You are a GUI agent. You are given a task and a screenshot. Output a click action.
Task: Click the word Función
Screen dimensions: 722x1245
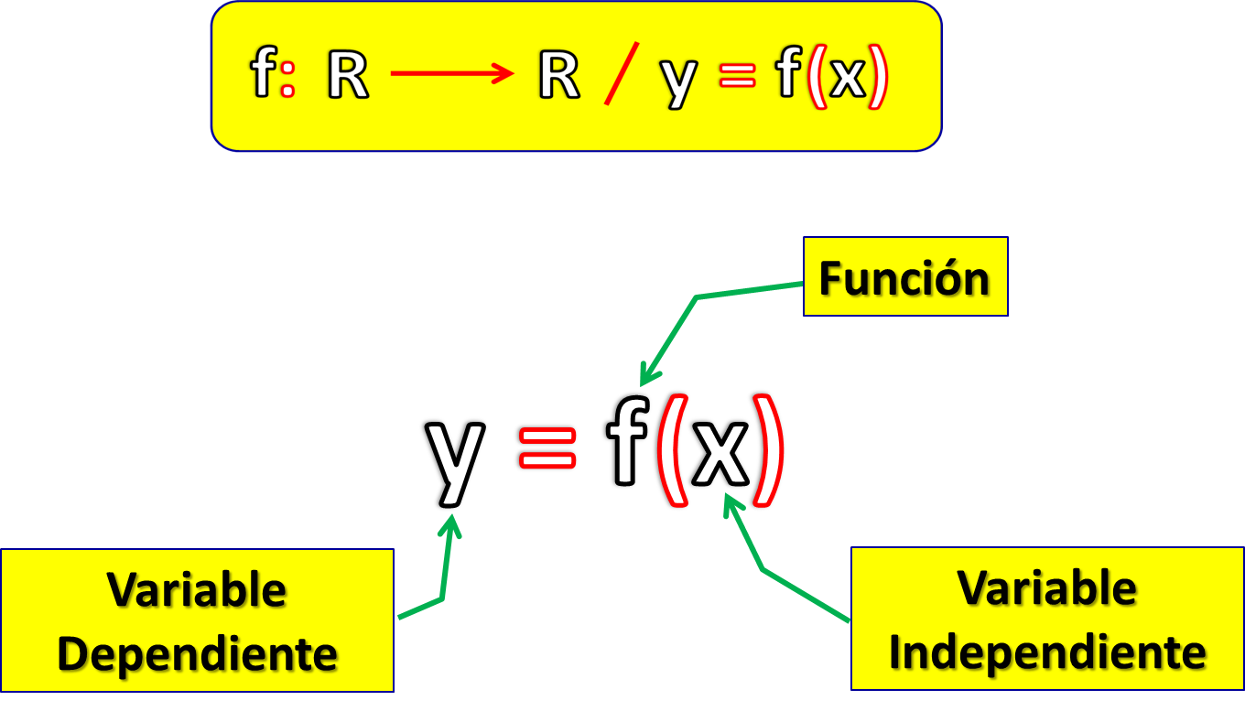coord(904,277)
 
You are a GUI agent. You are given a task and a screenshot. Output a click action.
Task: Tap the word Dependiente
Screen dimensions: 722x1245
coord(197,653)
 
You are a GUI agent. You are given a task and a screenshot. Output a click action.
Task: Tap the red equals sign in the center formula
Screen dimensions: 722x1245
coord(547,447)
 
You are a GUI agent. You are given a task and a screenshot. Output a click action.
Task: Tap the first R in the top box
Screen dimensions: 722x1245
coord(348,77)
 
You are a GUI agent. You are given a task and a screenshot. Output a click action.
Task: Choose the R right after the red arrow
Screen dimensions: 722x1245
coord(558,77)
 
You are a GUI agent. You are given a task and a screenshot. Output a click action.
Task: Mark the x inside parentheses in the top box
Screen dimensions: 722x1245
coord(848,79)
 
